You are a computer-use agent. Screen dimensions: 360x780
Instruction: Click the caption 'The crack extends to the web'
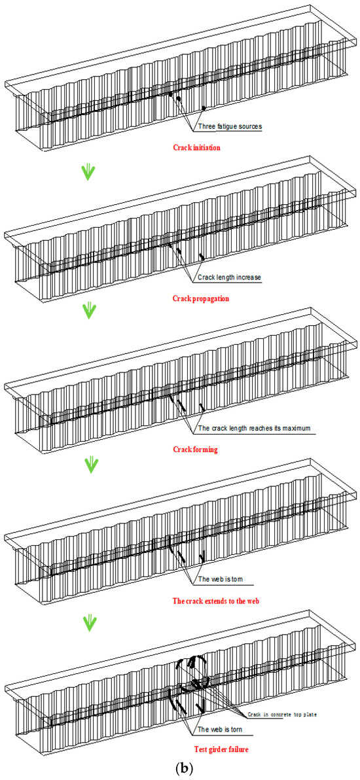point(217,601)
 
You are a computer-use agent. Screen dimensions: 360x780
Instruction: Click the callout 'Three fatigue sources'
point(230,126)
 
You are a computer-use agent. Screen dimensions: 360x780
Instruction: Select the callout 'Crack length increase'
point(229,277)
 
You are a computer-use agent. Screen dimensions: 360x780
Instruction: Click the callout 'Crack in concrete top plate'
point(282,715)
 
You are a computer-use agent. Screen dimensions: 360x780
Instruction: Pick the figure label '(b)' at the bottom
point(180,769)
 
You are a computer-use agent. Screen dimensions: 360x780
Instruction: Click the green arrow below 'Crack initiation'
point(89,171)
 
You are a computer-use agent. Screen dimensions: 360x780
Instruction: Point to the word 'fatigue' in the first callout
point(227,126)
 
